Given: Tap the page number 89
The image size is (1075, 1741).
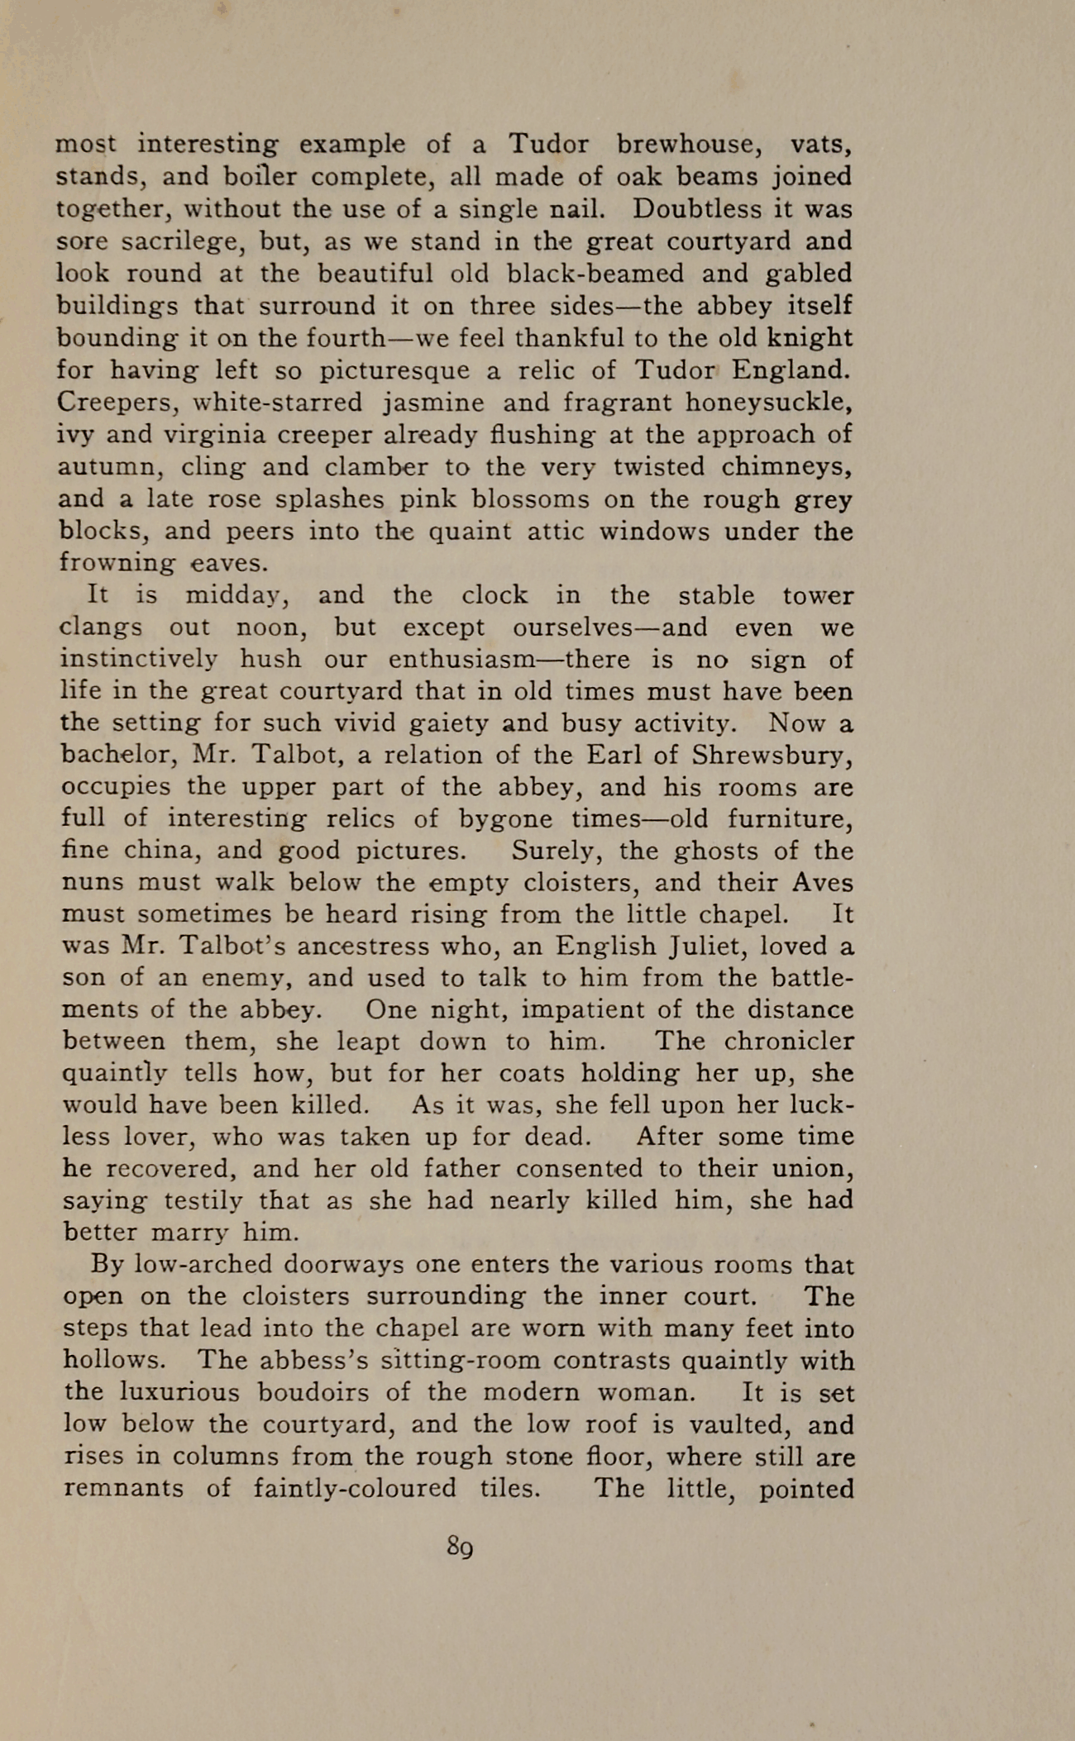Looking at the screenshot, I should (460, 1545).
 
